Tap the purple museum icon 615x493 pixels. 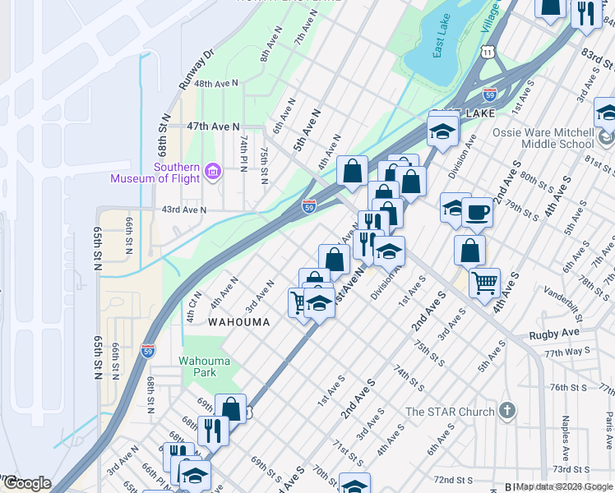pyautogui.click(x=214, y=170)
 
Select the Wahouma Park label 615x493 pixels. pyautogui.click(x=198, y=366)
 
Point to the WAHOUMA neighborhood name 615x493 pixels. pyautogui.click(x=238, y=322)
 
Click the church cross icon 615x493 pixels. pyautogui.click(x=508, y=411)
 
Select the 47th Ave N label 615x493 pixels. pyautogui.click(x=212, y=127)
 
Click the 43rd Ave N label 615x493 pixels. pyautogui.click(x=183, y=210)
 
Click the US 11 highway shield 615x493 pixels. pyautogui.click(x=489, y=52)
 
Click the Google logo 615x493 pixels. pyautogui.click(x=26, y=483)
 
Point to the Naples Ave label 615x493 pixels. pyautogui.click(x=566, y=438)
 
